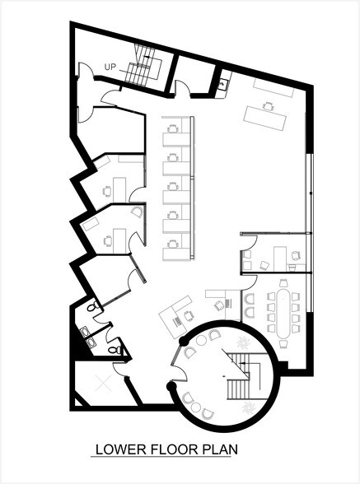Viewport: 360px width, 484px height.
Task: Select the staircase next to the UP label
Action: point(142,65)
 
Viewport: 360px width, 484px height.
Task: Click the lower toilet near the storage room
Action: point(116,351)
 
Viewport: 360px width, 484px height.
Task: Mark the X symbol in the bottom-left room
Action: point(102,382)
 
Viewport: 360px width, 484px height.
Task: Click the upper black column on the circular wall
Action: point(183,339)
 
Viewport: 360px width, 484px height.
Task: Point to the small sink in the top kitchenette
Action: point(223,81)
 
